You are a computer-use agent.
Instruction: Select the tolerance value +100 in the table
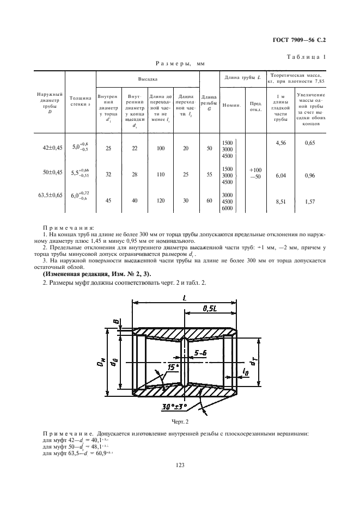tap(255, 170)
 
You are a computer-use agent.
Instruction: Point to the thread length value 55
tap(210, 176)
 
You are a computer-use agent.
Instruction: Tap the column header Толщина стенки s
tap(81, 100)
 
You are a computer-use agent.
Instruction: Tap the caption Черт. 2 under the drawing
tap(179, 422)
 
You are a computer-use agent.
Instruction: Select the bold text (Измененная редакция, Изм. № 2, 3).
tap(97, 274)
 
